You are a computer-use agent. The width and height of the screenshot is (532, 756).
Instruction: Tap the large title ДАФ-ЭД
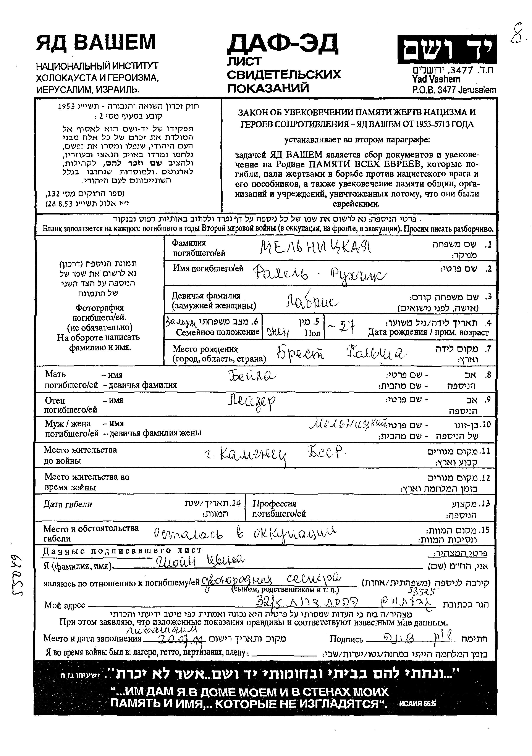coord(283,44)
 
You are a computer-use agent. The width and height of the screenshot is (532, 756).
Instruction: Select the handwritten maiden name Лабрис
coord(312,301)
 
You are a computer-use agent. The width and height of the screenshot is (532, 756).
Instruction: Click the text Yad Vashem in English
coord(436,79)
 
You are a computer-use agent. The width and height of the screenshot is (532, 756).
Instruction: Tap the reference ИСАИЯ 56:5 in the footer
coord(417,704)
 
